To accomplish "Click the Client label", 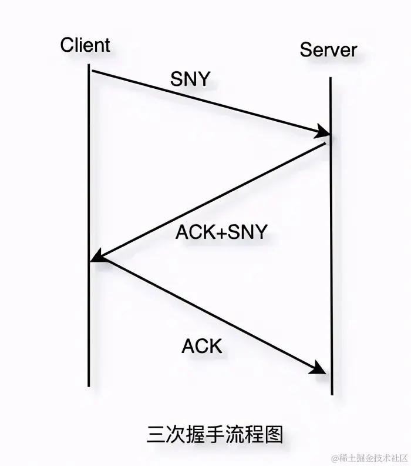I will (x=85, y=45).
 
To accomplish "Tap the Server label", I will (x=328, y=49).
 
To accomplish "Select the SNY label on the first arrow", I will (x=190, y=78).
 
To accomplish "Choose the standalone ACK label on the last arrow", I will (x=202, y=346).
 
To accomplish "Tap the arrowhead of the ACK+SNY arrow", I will (x=97, y=257).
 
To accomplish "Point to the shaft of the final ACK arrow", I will (x=206, y=315).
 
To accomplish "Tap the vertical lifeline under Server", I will (x=331, y=265).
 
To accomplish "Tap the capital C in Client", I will (x=66, y=45).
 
